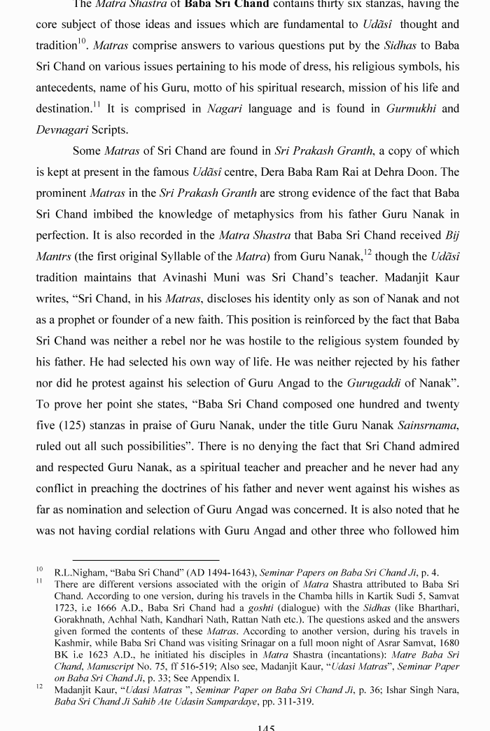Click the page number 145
(266, 727)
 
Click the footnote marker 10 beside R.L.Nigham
(41, 570)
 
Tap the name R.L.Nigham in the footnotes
(83, 573)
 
